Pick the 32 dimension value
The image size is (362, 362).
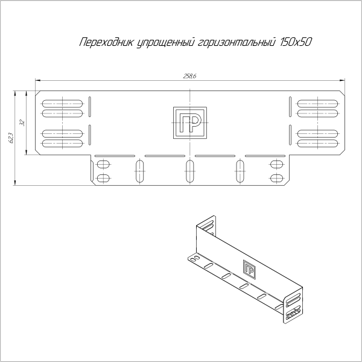tap(22, 122)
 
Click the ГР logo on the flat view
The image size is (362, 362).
tap(189, 122)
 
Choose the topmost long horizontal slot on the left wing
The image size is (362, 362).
tap(62, 100)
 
